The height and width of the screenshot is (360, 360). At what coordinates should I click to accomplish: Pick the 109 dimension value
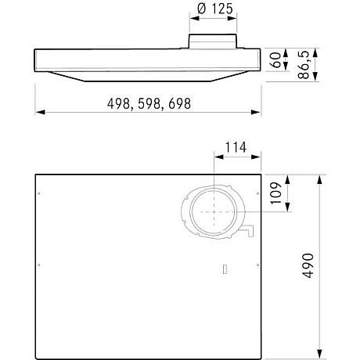tap(276, 193)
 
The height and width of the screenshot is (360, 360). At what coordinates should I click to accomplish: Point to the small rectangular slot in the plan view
tap(224, 270)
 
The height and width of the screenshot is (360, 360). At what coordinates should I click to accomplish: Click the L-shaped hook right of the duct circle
tap(250, 230)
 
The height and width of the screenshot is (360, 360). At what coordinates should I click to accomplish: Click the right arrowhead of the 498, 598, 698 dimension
tap(259, 111)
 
